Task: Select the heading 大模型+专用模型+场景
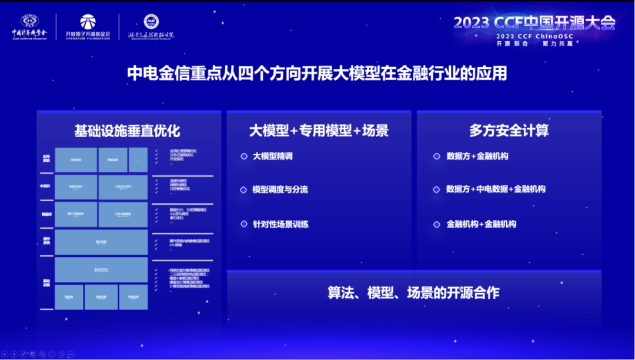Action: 319,131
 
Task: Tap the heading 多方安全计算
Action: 509,131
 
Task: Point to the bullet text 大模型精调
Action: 272,156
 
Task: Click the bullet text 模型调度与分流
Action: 280,190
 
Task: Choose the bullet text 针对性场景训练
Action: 280,224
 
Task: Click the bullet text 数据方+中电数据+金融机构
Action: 496,189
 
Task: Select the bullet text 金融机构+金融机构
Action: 481,224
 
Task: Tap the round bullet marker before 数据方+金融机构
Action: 436,156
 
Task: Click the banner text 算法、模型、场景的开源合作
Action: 413,292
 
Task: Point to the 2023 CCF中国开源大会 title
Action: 534,23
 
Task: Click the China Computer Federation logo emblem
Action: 28,22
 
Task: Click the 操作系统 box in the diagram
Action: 101,242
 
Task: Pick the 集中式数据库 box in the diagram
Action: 76,215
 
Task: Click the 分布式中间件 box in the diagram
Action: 123,188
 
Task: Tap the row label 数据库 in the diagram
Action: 46,215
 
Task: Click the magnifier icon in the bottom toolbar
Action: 42,354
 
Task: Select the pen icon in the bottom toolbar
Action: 23,354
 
